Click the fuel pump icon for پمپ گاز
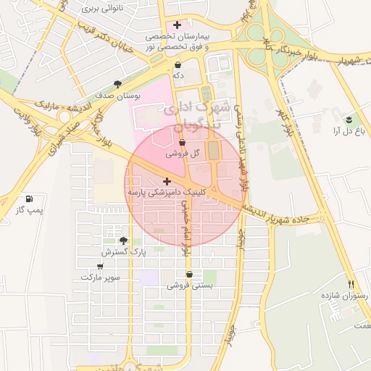(29, 199)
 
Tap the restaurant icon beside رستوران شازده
(351, 285)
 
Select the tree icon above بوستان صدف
(117, 83)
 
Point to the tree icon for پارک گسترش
(122, 241)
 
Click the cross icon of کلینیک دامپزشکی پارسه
(167, 181)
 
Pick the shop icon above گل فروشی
(182, 143)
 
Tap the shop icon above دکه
(178, 64)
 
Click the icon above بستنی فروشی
(190, 275)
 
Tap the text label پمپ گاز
(30, 210)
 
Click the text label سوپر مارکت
(101, 278)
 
